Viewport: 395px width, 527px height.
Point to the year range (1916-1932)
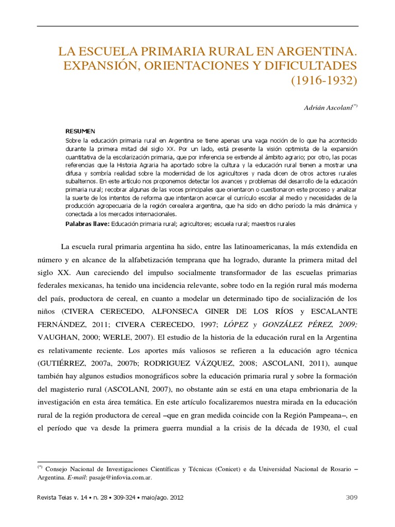point(324,81)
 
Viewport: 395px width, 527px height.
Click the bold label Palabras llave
point(87,224)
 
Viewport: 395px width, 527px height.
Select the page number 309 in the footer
point(350,497)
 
